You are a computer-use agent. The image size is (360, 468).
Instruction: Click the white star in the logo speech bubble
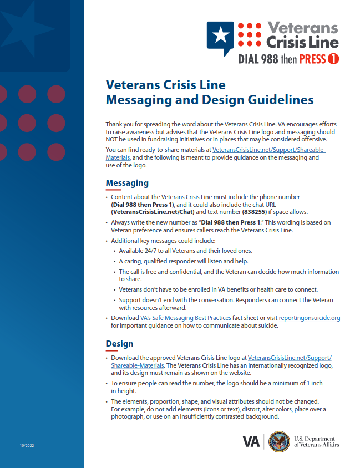click(x=220, y=35)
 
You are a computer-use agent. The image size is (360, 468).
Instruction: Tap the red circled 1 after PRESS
click(x=333, y=58)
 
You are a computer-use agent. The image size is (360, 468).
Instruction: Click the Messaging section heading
click(x=127, y=183)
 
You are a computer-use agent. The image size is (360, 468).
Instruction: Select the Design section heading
click(x=119, y=344)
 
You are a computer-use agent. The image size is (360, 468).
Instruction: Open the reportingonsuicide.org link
click(x=309, y=318)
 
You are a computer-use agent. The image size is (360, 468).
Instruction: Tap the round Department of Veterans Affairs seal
click(x=279, y=441)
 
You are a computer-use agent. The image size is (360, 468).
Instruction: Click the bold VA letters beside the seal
click(x=251, y=442)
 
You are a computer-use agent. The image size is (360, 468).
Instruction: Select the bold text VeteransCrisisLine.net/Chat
click(x=151, y=212)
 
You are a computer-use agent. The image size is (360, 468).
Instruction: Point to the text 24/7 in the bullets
click(x=148, y=251)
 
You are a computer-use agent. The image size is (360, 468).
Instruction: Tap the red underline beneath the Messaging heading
click(x=113, y=190)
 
